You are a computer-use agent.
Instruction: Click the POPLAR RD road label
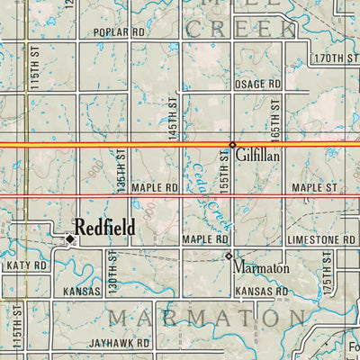[x=119, y=31]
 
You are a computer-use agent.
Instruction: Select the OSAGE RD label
[x=258, y=84]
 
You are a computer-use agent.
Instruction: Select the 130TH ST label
[x=114, y=269]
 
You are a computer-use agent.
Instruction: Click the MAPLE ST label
[x=314, y=188]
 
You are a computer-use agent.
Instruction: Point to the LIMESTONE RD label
[x=321, y=240]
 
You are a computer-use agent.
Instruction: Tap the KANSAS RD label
[x=260, y=292]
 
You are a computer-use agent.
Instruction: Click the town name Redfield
[x=105, y=229]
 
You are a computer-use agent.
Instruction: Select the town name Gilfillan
[x=262, y=156]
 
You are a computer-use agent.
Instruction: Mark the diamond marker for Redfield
[x=69, y=238]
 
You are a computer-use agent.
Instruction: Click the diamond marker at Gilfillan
[x=232, y=145]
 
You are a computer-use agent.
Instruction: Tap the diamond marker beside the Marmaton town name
[x=229, y=256]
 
